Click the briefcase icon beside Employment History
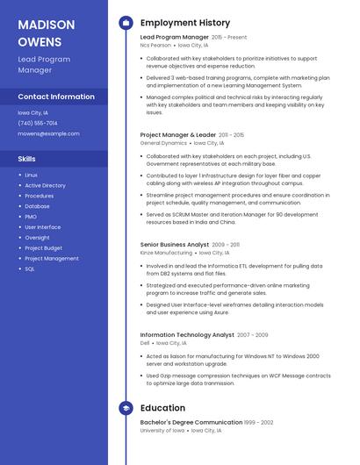tap(126, 23)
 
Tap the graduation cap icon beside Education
tap(126, 408)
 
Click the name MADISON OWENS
tap(40, 32)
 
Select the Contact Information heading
tap(56, 97)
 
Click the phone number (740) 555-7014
tap(38, 123)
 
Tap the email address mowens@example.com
tap(48, 133)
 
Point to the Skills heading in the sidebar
tap(27, 159)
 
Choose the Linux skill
tap(31, 175)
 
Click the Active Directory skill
tap(45, 186)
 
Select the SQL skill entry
tap(30, 268)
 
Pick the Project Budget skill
tap(43, 248)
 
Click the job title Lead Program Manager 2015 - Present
tap(193, 38)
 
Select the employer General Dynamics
tap(163, 142)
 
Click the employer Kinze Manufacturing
tap(165, 252)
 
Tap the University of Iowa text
tap(162, 431)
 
